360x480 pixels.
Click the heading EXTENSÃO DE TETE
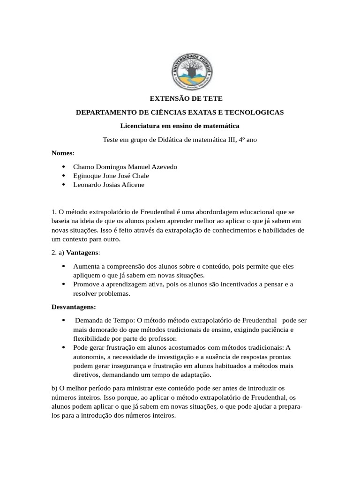pos(180,99)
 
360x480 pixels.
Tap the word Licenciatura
pos(139,126)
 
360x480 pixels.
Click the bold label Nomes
pos(62,153)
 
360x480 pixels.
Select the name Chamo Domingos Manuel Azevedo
pos(125,167)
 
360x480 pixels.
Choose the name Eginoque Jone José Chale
pos(111,176)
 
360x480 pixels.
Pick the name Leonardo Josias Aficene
pos(109,185)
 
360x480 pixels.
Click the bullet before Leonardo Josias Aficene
pos(63,185)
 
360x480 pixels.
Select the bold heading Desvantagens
pos(73,307)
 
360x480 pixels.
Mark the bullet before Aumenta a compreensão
pos(63,266)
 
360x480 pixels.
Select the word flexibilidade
pos(91,338)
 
